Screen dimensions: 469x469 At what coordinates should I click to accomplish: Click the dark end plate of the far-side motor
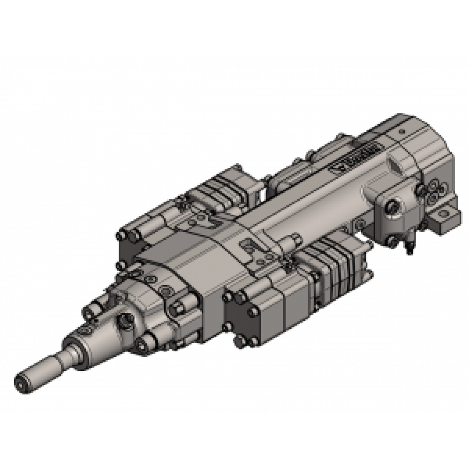pyautogui.click(x=129, y=244)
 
